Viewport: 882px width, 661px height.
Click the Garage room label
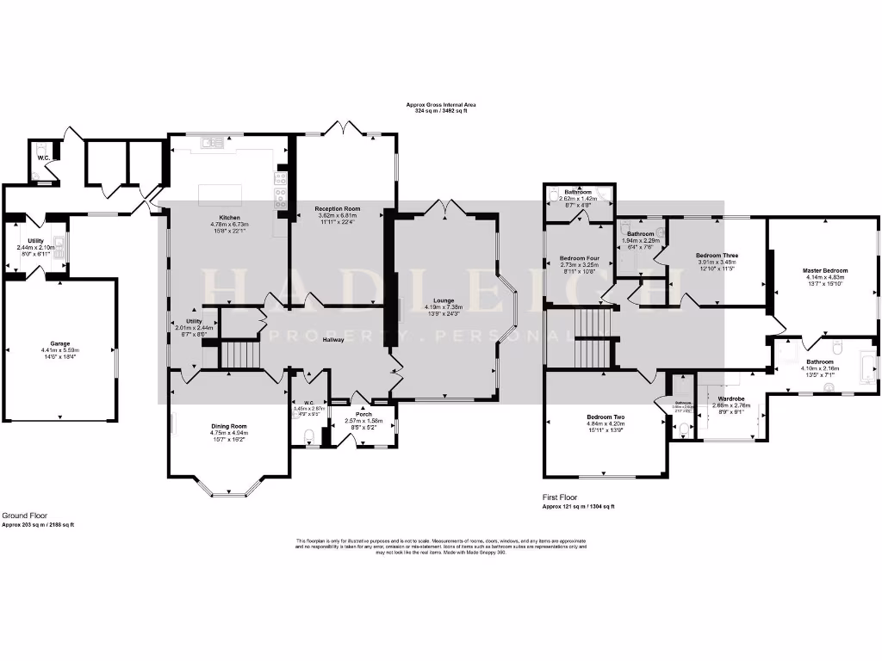point(59,343)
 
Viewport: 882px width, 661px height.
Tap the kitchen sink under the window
point(209,144)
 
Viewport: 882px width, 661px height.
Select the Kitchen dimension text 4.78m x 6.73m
point(228,225)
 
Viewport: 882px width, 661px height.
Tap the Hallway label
point(332,340)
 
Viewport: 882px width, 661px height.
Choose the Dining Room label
point(229,426)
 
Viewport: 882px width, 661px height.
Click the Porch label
point(363,413)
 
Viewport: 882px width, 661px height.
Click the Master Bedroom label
point(824,270)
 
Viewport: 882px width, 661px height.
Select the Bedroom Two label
point(605,417)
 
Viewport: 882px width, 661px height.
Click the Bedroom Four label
point(579,257)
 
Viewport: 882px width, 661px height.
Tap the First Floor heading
point(561,497)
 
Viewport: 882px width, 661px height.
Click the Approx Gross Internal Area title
point(441,105)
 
